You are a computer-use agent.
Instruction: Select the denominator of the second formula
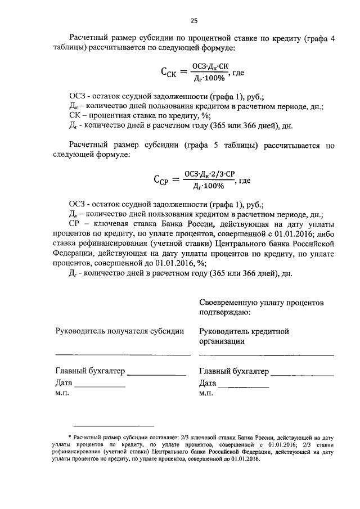[209, 186]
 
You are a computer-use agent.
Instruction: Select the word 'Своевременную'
[229, 303]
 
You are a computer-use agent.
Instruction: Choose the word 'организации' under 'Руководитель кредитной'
[222, 341]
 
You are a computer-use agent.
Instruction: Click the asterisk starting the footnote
[70, 436]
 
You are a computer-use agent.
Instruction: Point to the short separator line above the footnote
[114, 426]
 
